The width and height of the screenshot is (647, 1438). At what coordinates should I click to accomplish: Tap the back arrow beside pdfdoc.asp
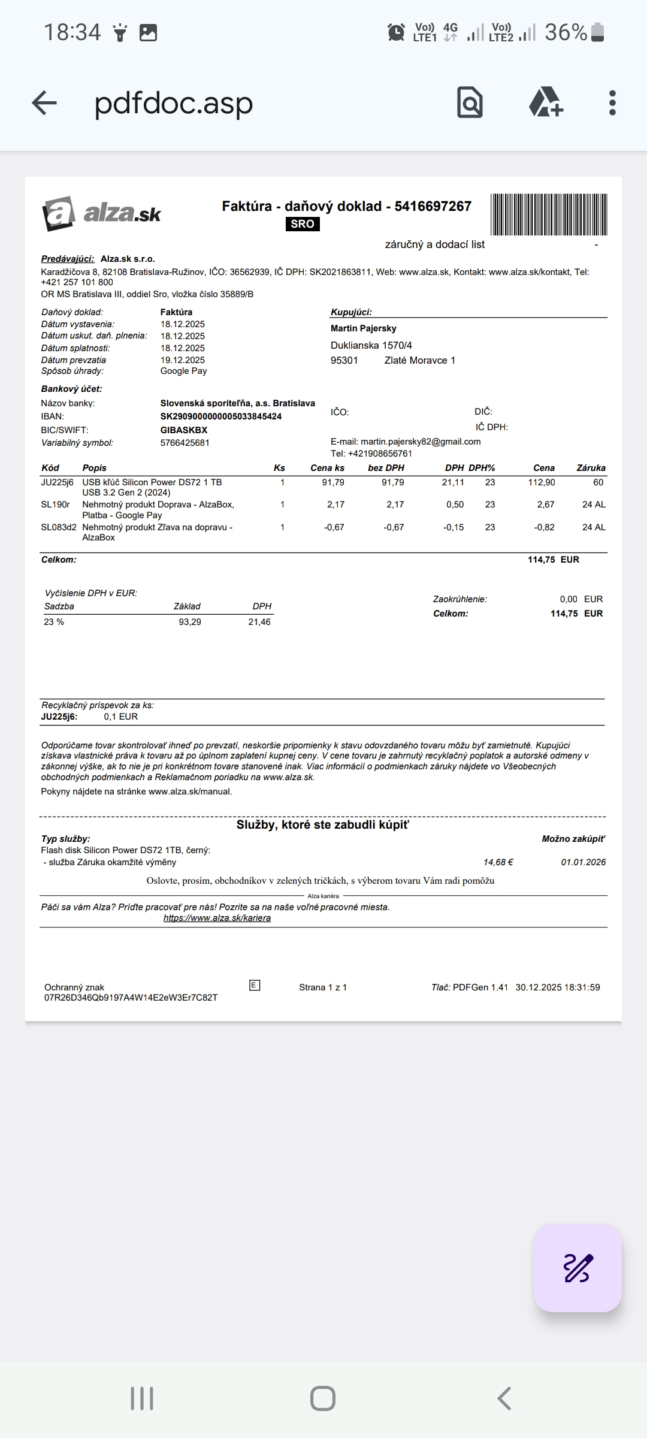pos(44,103)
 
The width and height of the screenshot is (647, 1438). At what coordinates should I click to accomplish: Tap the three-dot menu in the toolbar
pos(612,103)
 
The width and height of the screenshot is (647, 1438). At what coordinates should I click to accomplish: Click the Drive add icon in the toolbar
pos(546,102)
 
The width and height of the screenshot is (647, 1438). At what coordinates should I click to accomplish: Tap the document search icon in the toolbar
pos(470,102)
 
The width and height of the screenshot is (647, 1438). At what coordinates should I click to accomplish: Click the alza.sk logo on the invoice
pos(102,213)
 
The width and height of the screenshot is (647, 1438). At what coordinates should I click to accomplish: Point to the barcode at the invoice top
pos(549,215)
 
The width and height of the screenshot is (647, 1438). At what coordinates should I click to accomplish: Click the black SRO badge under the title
pos(303,224)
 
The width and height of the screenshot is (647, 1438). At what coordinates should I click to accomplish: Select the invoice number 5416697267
pos(433,206)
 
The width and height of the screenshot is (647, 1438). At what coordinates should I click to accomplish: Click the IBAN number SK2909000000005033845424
pos(221,416)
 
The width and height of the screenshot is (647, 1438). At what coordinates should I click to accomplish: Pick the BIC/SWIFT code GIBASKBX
pos(184,430)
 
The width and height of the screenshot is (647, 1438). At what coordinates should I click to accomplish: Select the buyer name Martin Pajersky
pos(364,328)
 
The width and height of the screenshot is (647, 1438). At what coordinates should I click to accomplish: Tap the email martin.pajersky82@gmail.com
pos(421,442)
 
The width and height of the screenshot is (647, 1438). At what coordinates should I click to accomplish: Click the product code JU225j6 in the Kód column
pos(57,482)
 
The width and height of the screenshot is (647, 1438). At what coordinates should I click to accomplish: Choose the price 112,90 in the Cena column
pos(542,482)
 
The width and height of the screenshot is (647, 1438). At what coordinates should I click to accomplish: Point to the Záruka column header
pos(591,468)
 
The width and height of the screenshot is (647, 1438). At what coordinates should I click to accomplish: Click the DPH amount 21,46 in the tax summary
pos(259,622)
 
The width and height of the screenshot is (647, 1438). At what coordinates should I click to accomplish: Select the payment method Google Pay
pos(183,371)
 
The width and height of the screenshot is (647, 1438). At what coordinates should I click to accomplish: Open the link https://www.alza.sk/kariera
pos(217,918)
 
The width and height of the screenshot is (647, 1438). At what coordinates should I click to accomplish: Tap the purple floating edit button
pos(578,1268)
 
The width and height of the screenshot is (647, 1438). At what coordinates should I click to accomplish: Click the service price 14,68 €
pos(498,862)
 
